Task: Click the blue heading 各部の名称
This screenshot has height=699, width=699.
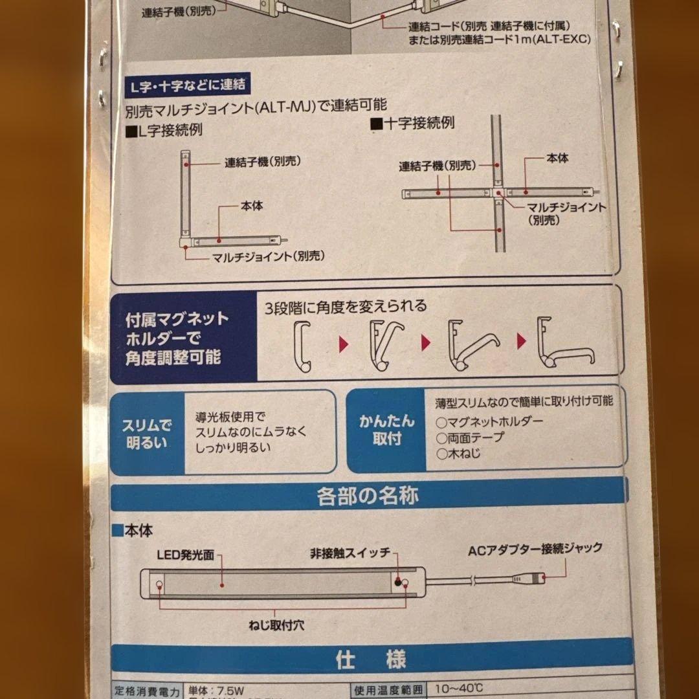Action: click(367, 496)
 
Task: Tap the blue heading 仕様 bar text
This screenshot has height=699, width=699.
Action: click(371, 660)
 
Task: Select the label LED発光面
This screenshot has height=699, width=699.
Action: click(184, 555)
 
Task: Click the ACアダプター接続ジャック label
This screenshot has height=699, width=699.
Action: click(535, 548)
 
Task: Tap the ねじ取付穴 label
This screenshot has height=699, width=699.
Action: click(275, 625)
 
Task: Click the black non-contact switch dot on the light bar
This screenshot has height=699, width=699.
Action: click(396, 583)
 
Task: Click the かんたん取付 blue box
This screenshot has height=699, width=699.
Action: click(386, 430)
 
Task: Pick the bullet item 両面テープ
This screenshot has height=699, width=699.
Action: click(471, 438)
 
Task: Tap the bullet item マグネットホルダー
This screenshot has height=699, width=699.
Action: click(490, 421)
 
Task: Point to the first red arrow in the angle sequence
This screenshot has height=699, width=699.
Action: click(344, 342)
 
